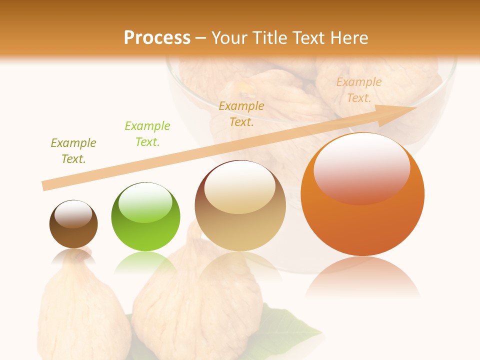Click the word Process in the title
point(157,37)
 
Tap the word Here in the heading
point(348,37)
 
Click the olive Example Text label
point(73,151)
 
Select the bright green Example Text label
point(147,134)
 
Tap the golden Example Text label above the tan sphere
point(241,114)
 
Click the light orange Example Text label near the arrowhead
point(359,90)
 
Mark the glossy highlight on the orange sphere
point(361,169)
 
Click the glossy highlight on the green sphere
point(145,202)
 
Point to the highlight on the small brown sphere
point(73,214)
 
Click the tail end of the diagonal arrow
point(46,185)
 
